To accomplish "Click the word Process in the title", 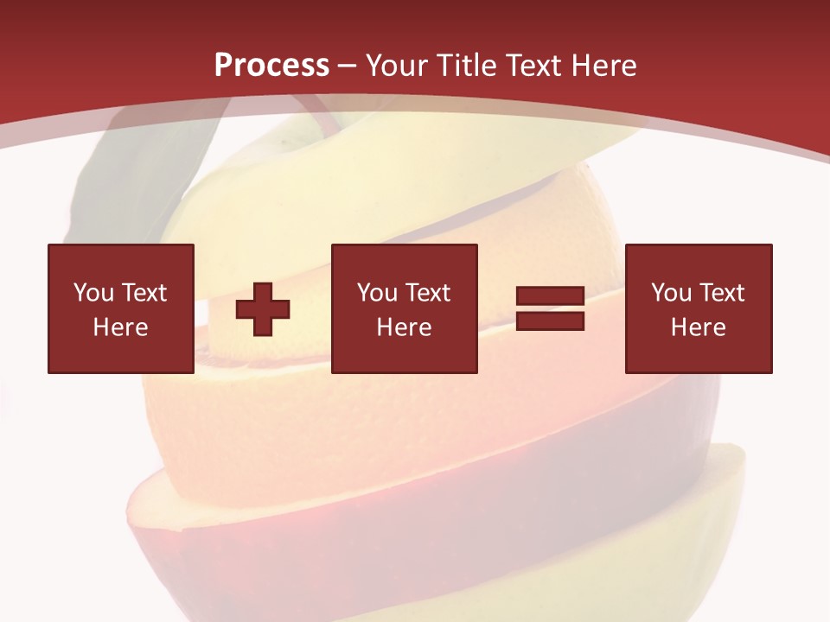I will pyautogui.click(x=271, y=65).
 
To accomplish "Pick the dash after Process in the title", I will pyautogui.click(x=348, y=67).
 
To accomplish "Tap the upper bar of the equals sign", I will pyautogui.click(x=550, y=296).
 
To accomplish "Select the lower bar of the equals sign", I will pyautogui.click(x=550, y=321).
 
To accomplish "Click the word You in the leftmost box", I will pyautogui.click(x=93, y=293).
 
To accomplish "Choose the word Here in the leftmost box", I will pyautogui.click(x=120, y=327).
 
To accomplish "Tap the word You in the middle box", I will pyautogui.click(x=377, y=293).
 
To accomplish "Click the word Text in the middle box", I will pyautogui.click(x=427, y=293).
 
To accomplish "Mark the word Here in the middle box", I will pyautogui.click(x=404, y=327).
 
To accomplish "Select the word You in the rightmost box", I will pyautogui.click(x=671, y=293).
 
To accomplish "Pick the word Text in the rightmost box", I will pyautogui.click(x=721, y=293).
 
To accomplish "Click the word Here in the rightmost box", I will pyautogui.click(x=698, y=327).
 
